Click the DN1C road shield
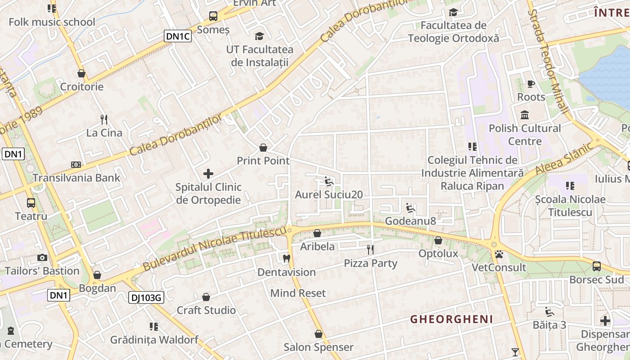pos(177,36)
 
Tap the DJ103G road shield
pos(146,297)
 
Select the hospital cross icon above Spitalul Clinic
pos(208,173)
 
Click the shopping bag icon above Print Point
pos(263,148)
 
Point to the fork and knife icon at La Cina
pos(104,119)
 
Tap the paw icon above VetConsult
pos(499,254)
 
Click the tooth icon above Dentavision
pos(286,259)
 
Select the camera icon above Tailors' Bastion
pos(42,257)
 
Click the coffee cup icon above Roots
pos(531,84)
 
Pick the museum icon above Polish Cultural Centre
pos(524,115)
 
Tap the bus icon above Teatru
pos(31,202)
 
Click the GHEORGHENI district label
pos(451,319)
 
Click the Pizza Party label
pos(370,263)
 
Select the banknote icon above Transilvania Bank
pos(76,165)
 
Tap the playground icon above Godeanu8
pos(410,208)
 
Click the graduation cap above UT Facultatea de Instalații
pos(260,36)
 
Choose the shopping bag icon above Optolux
pos(438,240)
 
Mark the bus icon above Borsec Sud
pos(596,266)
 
